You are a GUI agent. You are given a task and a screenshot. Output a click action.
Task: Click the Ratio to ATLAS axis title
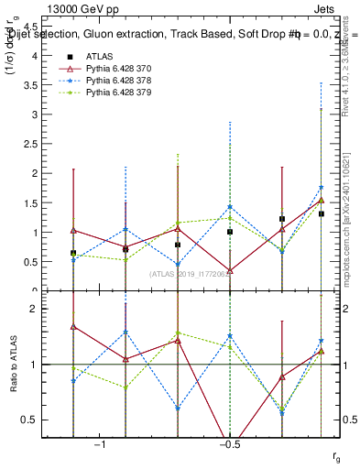tap(13, 365)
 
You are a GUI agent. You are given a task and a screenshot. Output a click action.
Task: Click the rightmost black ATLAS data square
tap(322, 213)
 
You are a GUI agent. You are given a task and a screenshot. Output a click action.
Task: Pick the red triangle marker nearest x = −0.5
tap(230, 271)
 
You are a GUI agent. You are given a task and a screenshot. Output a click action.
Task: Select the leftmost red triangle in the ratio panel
tap(73, 326)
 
